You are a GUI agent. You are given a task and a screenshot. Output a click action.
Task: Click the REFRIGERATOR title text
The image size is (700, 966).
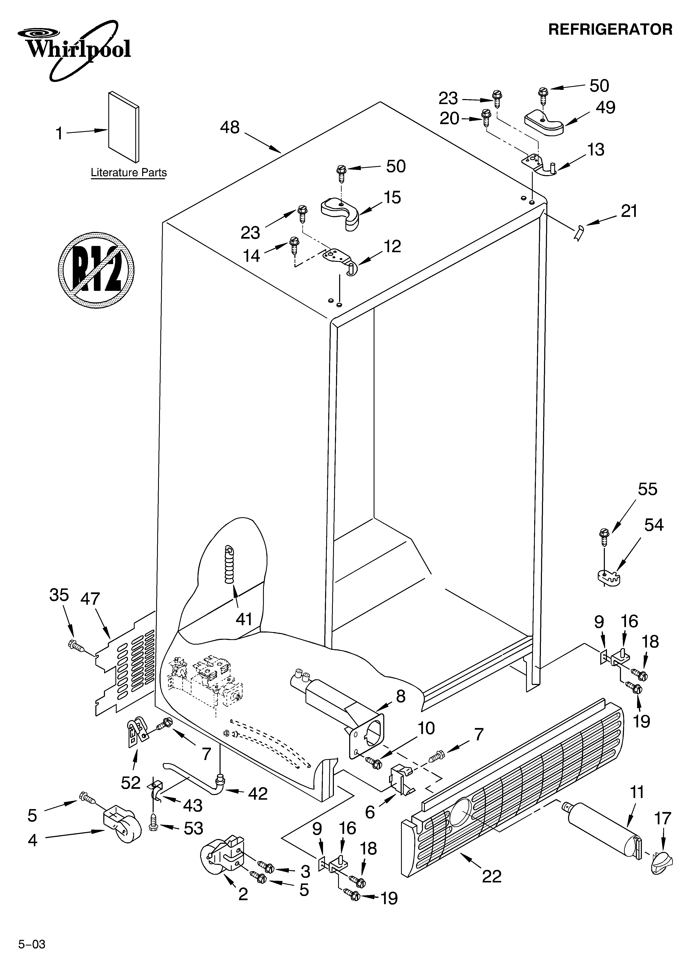[x=610, y=29]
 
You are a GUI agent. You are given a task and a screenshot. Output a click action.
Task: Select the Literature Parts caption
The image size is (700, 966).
[x=128, y=173]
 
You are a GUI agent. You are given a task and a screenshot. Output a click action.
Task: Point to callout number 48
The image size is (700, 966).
[x=230, y=127]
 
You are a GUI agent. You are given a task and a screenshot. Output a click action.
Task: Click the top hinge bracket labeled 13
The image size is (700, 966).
[x=539, y=164]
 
